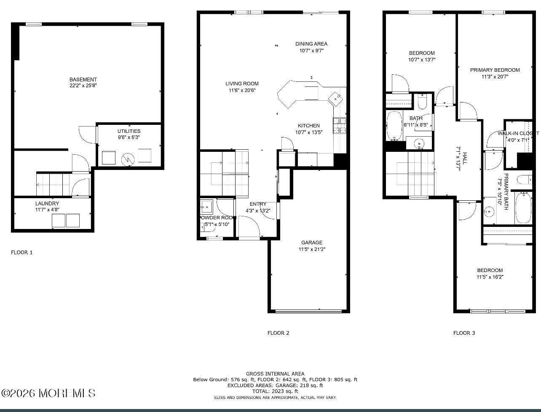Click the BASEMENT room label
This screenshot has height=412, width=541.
pos(83,79)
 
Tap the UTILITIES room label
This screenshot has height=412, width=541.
pos(129,131)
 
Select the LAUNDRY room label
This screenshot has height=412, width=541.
pos(47,203)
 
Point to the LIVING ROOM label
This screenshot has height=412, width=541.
pos(242,83)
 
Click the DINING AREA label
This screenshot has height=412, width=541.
pos(311,44)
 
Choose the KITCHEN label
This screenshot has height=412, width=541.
pos(309,126)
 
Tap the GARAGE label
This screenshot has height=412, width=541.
pos(312,242)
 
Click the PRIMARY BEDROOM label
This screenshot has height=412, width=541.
pos(495,70)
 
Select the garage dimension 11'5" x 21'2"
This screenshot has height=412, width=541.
pos(312,249)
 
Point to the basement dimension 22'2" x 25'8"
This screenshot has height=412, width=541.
pos(83,86)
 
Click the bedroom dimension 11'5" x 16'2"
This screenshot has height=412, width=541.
pos(490,277)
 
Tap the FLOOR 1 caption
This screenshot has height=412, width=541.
pos(21,253)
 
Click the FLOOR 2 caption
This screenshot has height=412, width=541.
pos(278,333)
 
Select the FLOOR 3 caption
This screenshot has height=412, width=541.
pos(464,333)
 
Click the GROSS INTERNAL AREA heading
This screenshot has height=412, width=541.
pos(275,374)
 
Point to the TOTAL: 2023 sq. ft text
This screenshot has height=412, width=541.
pos(275,391)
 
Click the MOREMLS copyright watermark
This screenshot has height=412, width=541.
pos(48,393)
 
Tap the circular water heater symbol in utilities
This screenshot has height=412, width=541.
pos(127,159)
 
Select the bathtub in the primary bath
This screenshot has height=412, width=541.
pos(524,208)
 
